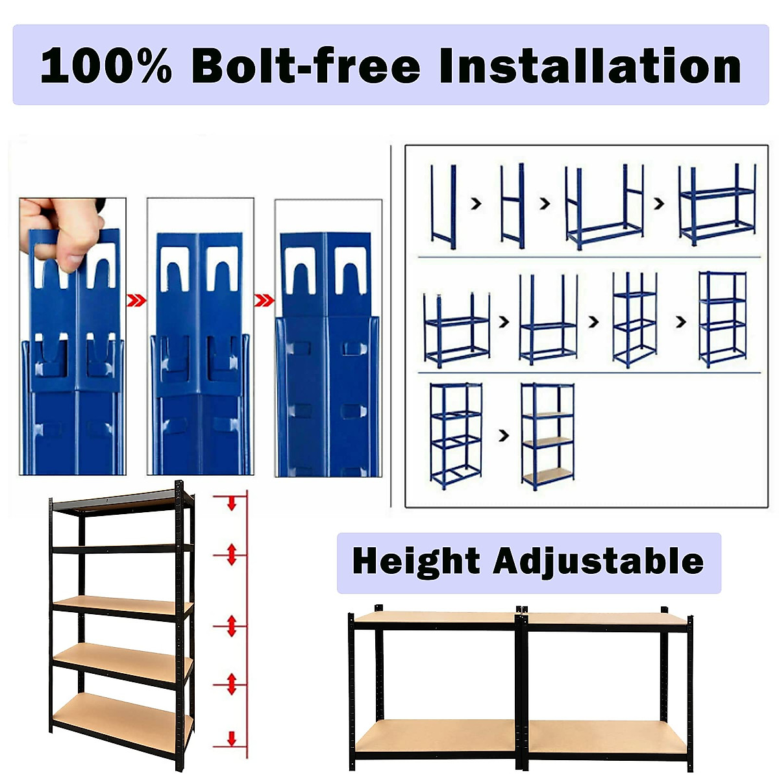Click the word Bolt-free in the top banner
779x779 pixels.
coord(306,66)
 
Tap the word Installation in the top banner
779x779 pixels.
coord(589,66)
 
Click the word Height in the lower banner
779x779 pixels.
coord(416,562)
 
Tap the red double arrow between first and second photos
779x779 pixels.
coord(136,301)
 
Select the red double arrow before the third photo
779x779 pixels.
coord(264,301)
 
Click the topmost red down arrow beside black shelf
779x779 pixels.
coord(231,502)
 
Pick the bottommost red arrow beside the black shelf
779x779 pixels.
coord(231,738)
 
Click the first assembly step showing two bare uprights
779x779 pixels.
coord(443,206)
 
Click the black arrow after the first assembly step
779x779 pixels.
coord(476,204)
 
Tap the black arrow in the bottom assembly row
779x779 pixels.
coord(504,436)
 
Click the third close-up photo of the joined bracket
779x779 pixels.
coord(328,338)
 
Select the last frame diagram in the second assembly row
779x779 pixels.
coord(722,319)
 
